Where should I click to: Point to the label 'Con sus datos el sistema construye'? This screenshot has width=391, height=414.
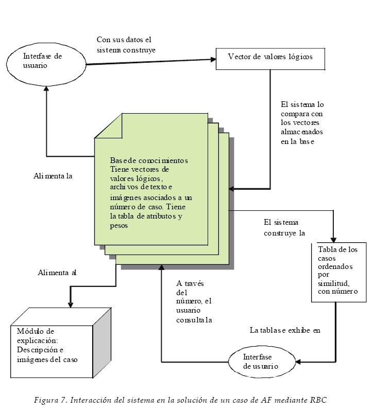pos(126,45)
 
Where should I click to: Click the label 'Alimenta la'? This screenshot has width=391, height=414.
pos(53,176)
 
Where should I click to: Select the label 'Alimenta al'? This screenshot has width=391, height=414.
pos(57,273)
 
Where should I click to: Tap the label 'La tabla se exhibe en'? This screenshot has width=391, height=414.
pos(285,330)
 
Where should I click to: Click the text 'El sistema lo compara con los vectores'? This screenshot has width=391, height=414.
pos(302,122)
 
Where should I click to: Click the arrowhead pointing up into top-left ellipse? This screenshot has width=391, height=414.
pos(47,89)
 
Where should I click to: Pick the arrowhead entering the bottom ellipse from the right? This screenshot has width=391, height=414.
pos(298,362)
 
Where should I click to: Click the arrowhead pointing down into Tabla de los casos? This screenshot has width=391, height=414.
pos(334,239)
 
